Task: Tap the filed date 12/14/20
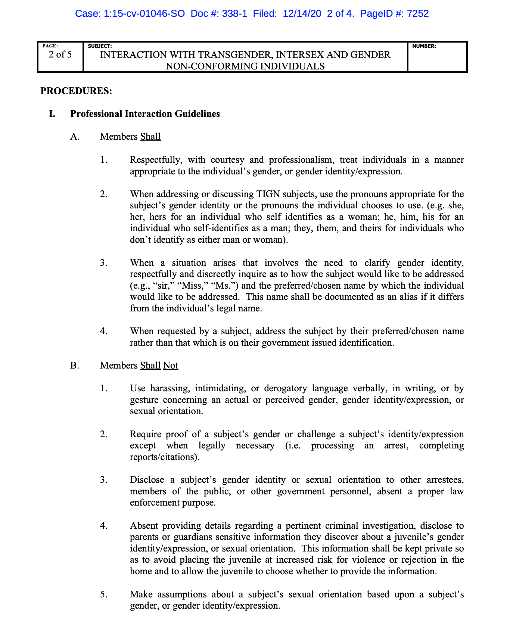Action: pyautogui.click(x=302, y=14)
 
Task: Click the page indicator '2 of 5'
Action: pyautogui.click(x=60, y=55)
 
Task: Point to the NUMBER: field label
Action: pyautogui.click(x=424, y=46)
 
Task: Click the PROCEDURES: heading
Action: pyautogui.click(x=76, y=91)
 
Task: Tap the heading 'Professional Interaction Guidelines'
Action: pyautogui.click(x=145, y=114)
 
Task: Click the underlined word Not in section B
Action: pyautogui.click(x=171, y=365)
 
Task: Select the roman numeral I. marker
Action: pyautogui.click(x=52, y=114)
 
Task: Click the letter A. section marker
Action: pyautogui.click(x=75, y=137)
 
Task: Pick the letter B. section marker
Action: pyautogui.click(x=75, y=365)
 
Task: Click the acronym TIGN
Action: pyautogui.click(x=267, y=194)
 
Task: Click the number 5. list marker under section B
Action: pyautogui.click(x=104, y=594)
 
